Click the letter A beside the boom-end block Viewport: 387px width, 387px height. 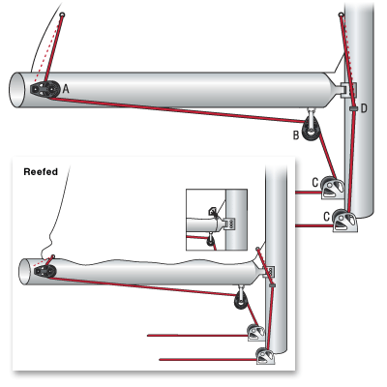pos(66,88)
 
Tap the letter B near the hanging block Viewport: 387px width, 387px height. pos(296,135)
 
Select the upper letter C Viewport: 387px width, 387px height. pos(315,183)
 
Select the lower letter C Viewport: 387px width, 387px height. pos(327,217)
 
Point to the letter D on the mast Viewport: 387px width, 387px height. pos(364,108)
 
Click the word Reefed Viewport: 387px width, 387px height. pos(41,171)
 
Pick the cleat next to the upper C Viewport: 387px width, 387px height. pos(332,188)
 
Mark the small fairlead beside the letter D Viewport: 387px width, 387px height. pos(353,108)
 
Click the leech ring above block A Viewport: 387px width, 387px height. pos(62,15)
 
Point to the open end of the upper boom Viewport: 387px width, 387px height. pos(16,90)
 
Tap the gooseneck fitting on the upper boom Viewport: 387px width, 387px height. pos(346,90)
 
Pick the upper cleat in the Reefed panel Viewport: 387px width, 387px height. pos(256,333)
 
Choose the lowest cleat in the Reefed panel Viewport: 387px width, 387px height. pos(266,356)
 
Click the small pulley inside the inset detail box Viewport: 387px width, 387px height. pos(211,240)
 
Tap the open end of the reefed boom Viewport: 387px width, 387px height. pos(24,272)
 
